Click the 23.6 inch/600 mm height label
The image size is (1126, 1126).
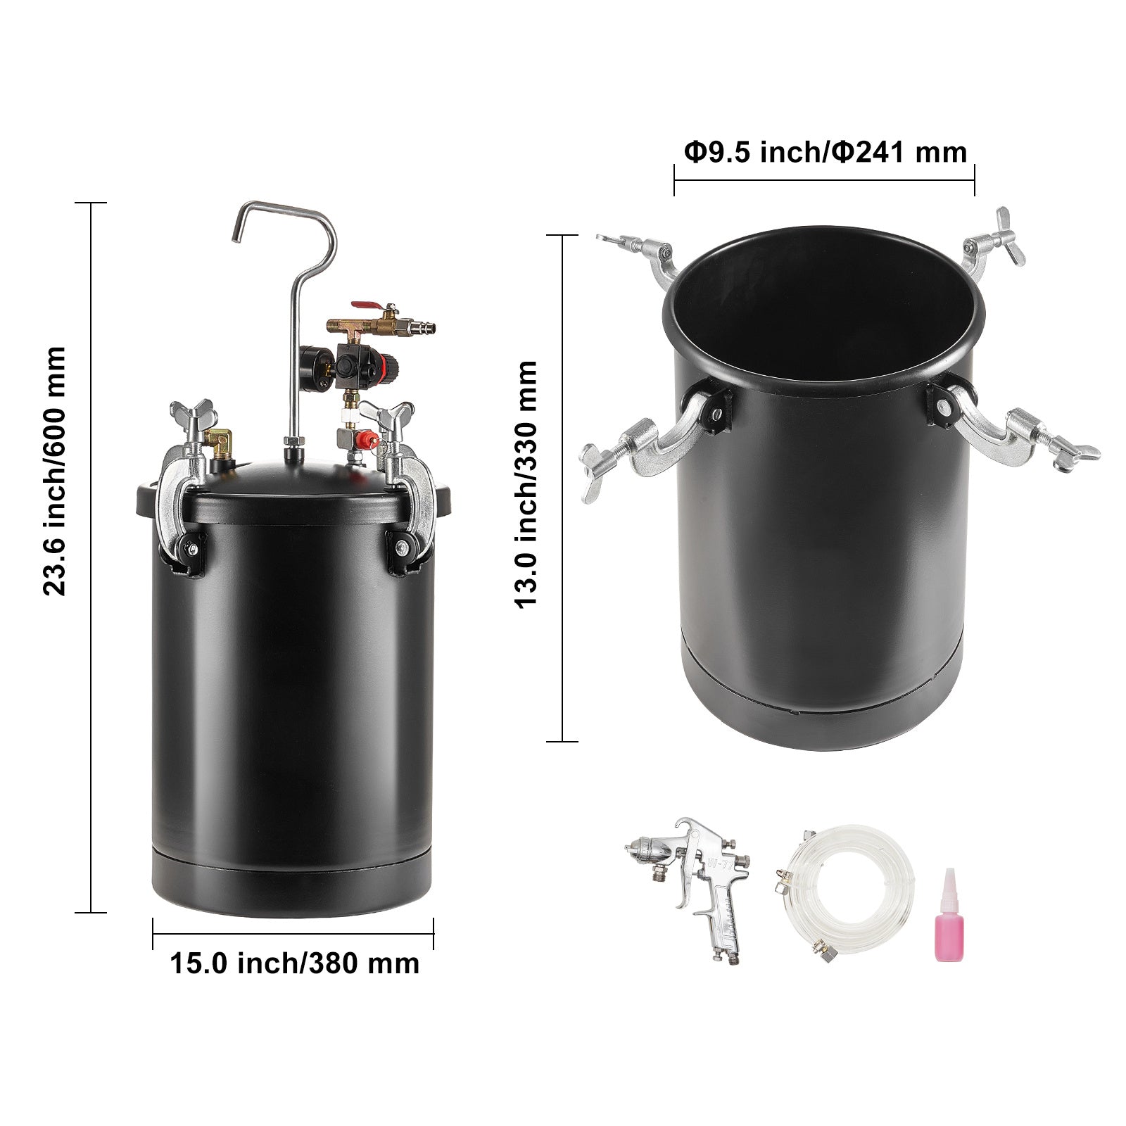coord(54,471)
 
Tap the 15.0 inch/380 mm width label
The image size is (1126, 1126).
coord(295,963)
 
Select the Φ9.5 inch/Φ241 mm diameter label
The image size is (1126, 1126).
coord(825,151)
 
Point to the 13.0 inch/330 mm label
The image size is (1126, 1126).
coord(526,485)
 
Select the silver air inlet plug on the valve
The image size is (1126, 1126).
coord(422,327)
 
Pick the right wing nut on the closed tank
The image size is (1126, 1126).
coord(386,410)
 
